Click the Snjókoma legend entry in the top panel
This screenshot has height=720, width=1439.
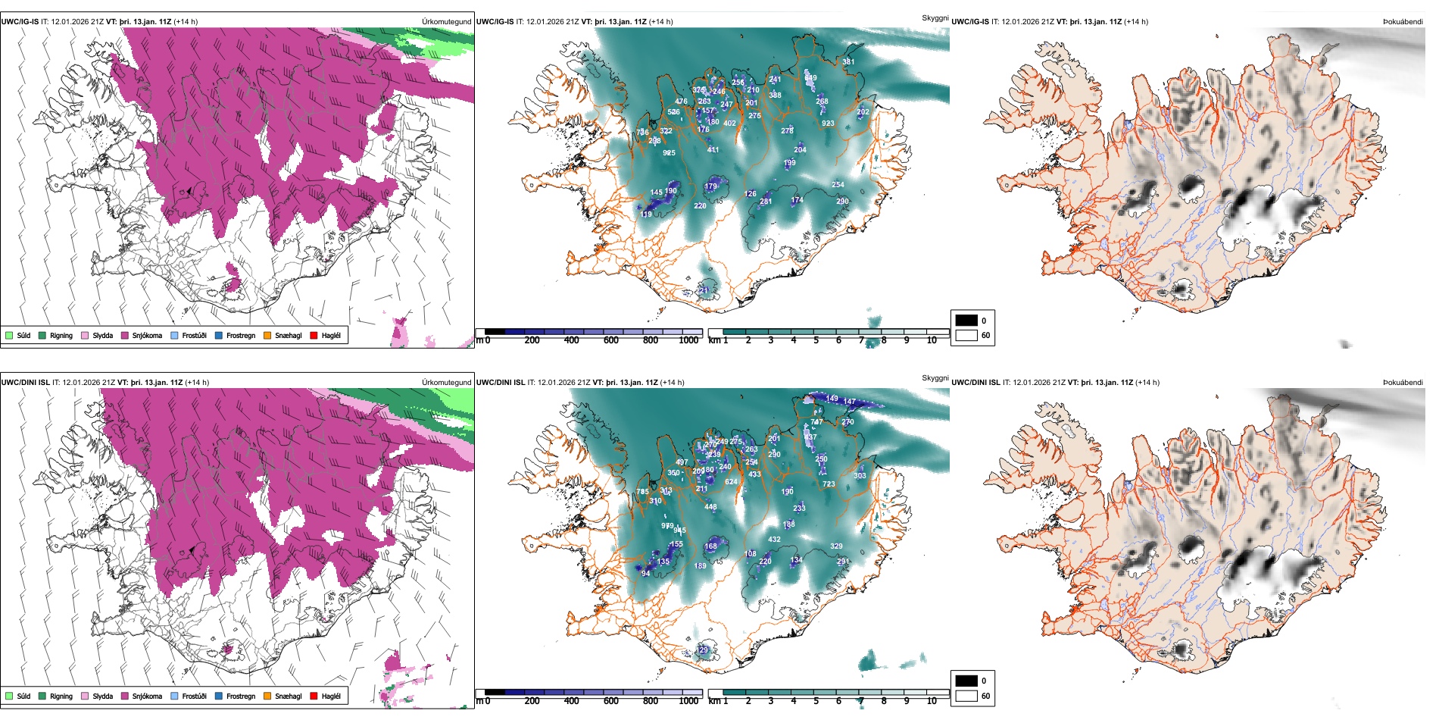(x=147, y=335)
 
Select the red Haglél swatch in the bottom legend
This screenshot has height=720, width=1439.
(x=314, y=696)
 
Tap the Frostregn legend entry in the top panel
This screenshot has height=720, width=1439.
(x=240, y=335)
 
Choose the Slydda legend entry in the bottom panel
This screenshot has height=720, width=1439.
(x=102, y=696)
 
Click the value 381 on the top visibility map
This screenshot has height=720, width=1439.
(x=848, y=62)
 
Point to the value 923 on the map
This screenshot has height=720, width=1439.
(x=828, y=123)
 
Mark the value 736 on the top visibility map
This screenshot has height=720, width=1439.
(x=642, y=133)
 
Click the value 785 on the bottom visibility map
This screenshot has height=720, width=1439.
(x=642, y=492)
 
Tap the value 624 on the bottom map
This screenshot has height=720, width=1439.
(x=731, y=482)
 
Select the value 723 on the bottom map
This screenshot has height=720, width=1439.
(x=829, y=484)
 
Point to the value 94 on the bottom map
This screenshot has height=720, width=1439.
(x=645, y=574)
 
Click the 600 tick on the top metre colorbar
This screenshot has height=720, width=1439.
(x=611, y=340)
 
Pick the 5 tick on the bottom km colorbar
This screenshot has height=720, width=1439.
(x=816, y=701)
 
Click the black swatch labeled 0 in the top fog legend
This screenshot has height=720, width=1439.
(x=966, y=321)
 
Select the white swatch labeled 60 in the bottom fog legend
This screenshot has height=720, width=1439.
(x=966, y=696)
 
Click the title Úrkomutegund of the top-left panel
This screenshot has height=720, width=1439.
(x=446, y=22)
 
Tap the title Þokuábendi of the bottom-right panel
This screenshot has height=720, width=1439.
(x=1403, y=383)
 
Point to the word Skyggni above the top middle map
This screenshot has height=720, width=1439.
(x=935, y=18)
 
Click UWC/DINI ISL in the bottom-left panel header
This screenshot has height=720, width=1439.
(x=25, y=383)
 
